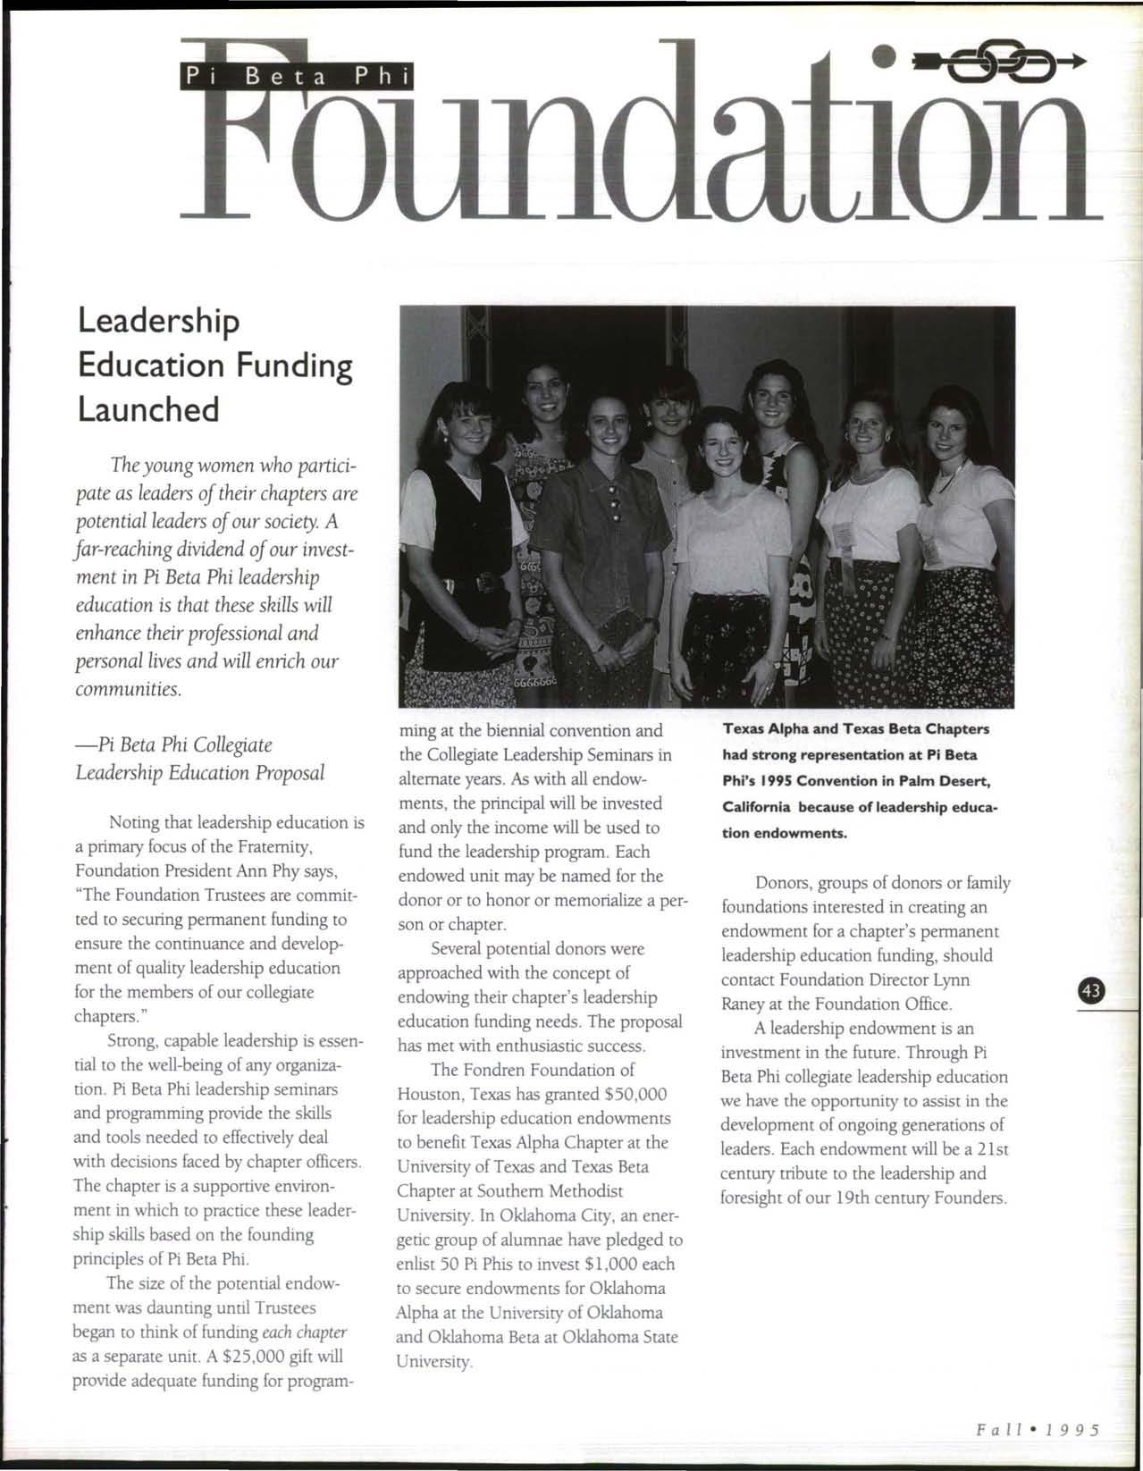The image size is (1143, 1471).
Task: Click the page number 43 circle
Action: coord(1092,990)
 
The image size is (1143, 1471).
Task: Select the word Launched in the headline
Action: coord(147,409)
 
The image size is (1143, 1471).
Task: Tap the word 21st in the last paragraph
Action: coord(991,1148)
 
